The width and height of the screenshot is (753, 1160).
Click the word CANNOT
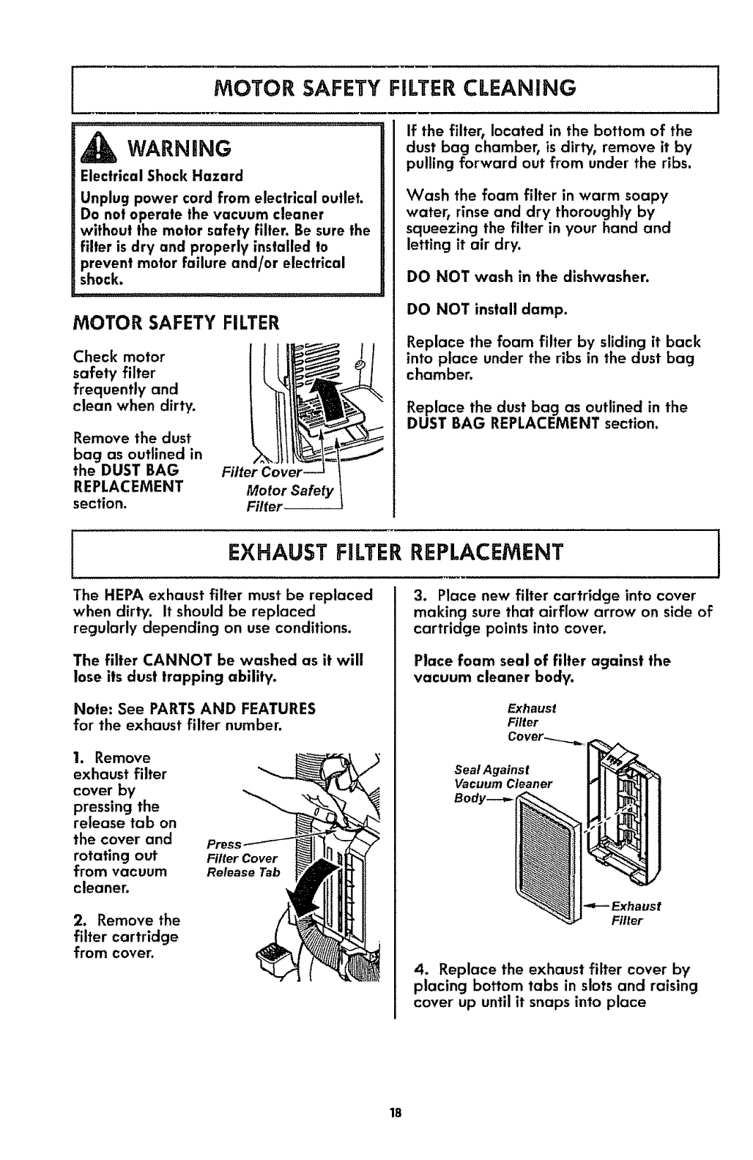[159, 660]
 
